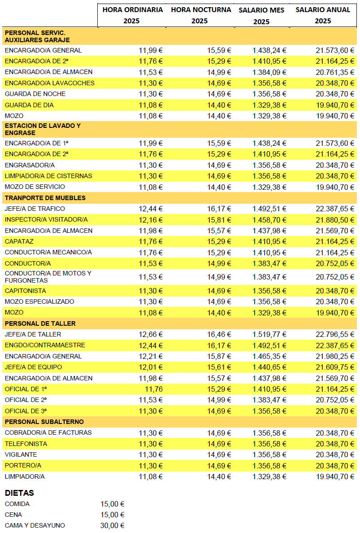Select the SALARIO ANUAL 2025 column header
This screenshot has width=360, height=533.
click(x=323, y=15)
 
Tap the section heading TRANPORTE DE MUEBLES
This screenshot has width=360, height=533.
click(x=45, y=198)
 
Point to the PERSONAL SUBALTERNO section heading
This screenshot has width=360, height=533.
click(x=44, y=422)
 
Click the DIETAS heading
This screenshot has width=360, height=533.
click(x=19, y=493)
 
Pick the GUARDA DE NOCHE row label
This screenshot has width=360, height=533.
click(x=35, y=94)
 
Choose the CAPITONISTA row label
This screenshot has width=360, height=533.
click(x=26, y=291)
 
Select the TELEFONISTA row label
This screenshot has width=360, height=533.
click(x=26, y=444)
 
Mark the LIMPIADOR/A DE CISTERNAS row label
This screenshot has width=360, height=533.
click(x=48, y=176)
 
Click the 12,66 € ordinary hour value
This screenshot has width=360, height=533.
click(x=151, y=334)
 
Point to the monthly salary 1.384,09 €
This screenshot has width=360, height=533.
click(x=269, y=72)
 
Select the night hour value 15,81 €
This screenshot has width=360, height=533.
click(x=219, y=219)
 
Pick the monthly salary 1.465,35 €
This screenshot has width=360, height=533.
click(x=269, y=356)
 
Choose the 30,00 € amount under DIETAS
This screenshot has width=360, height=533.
click(x=113, y=525)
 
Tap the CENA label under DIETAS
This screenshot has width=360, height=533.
click(x=13, y=515)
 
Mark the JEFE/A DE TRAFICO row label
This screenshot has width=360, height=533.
click(x=35, y=209)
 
